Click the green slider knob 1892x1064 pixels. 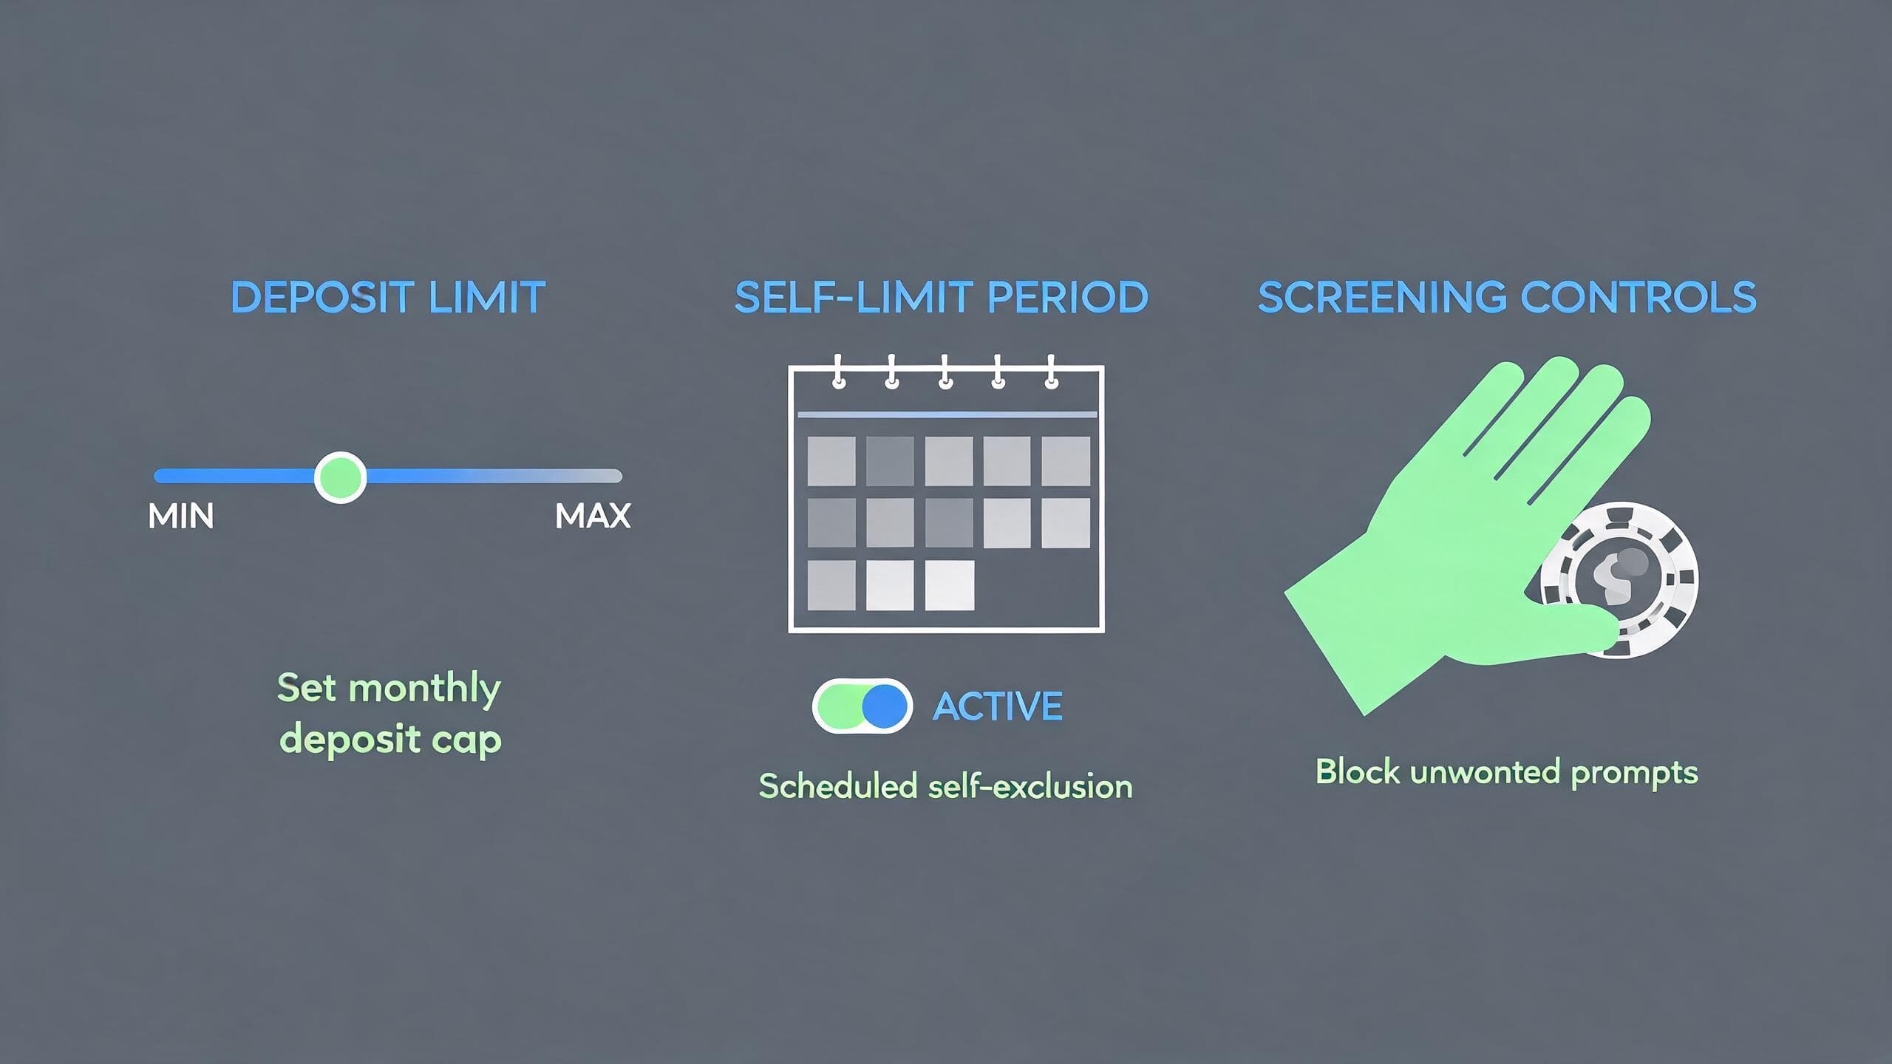pos(340,477)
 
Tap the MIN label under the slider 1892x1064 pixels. pos(181,516)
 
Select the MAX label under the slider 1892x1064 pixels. pos(593,516)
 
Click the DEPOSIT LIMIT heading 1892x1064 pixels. pos(388,297)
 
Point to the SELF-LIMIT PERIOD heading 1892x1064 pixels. pos(942,297)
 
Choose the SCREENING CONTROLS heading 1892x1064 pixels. pos(1507,297)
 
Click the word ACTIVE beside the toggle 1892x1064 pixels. pos(998,706)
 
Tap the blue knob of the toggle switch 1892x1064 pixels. pos(885,706)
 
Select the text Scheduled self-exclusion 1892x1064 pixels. pos(946,786)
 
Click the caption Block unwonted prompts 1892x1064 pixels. pos(1507,773)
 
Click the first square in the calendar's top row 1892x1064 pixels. pos(831,461)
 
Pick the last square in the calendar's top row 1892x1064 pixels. pos(1066,461)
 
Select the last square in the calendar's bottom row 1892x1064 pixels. pos(949,585)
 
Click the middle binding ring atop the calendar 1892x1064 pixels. pos(945,372)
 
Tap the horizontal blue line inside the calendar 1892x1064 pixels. pos(947,415)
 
